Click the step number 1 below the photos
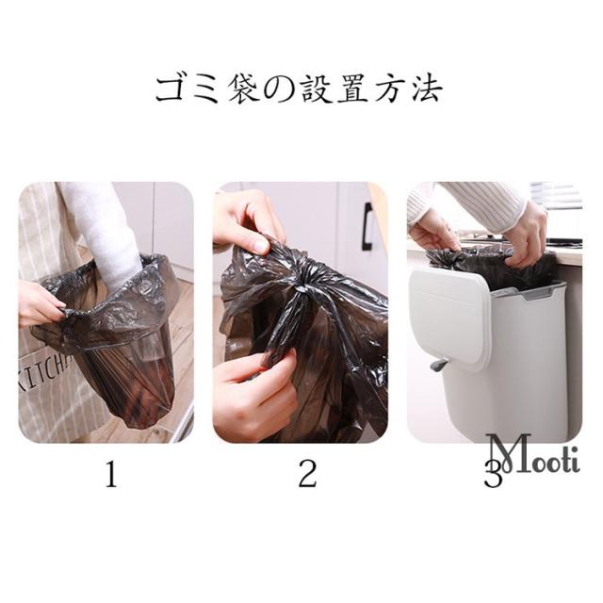[111, 474]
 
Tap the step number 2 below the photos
[308, 474]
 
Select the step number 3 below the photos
[493, 474]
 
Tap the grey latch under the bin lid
[440, 363]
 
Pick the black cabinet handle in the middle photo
[368, 227]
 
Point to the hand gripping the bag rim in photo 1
[41, 303]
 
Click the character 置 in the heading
[353, 90]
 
